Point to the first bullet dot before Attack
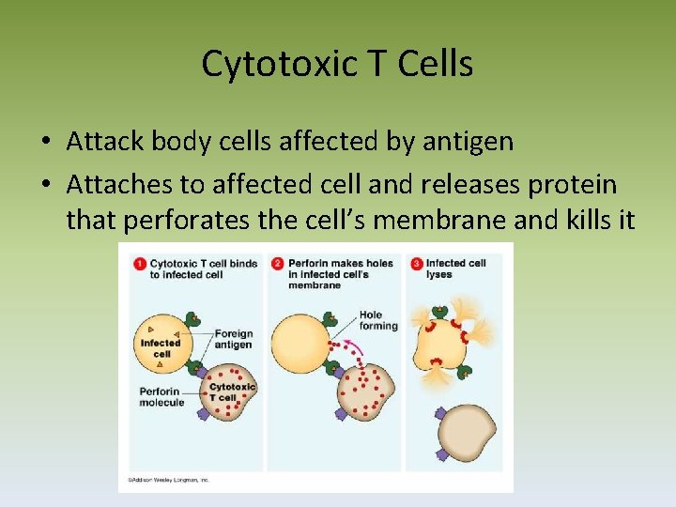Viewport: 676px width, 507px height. [x=46, y=143]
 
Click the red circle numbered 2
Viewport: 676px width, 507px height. [x=277, y=264]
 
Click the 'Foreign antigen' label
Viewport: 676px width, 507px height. [x=233, y=339]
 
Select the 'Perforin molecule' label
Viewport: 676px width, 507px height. [x=162, y=396]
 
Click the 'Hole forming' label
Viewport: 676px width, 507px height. [x=378, y=320]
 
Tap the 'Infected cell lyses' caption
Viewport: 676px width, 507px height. [x=456, y=269]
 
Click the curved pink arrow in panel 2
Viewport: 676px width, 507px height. [x=351, y=350]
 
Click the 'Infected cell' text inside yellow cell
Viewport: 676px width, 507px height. [x=161, y=348]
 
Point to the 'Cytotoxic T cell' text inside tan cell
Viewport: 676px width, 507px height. [x=231, y=392]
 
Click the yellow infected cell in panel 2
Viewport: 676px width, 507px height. [x=300, y=338]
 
